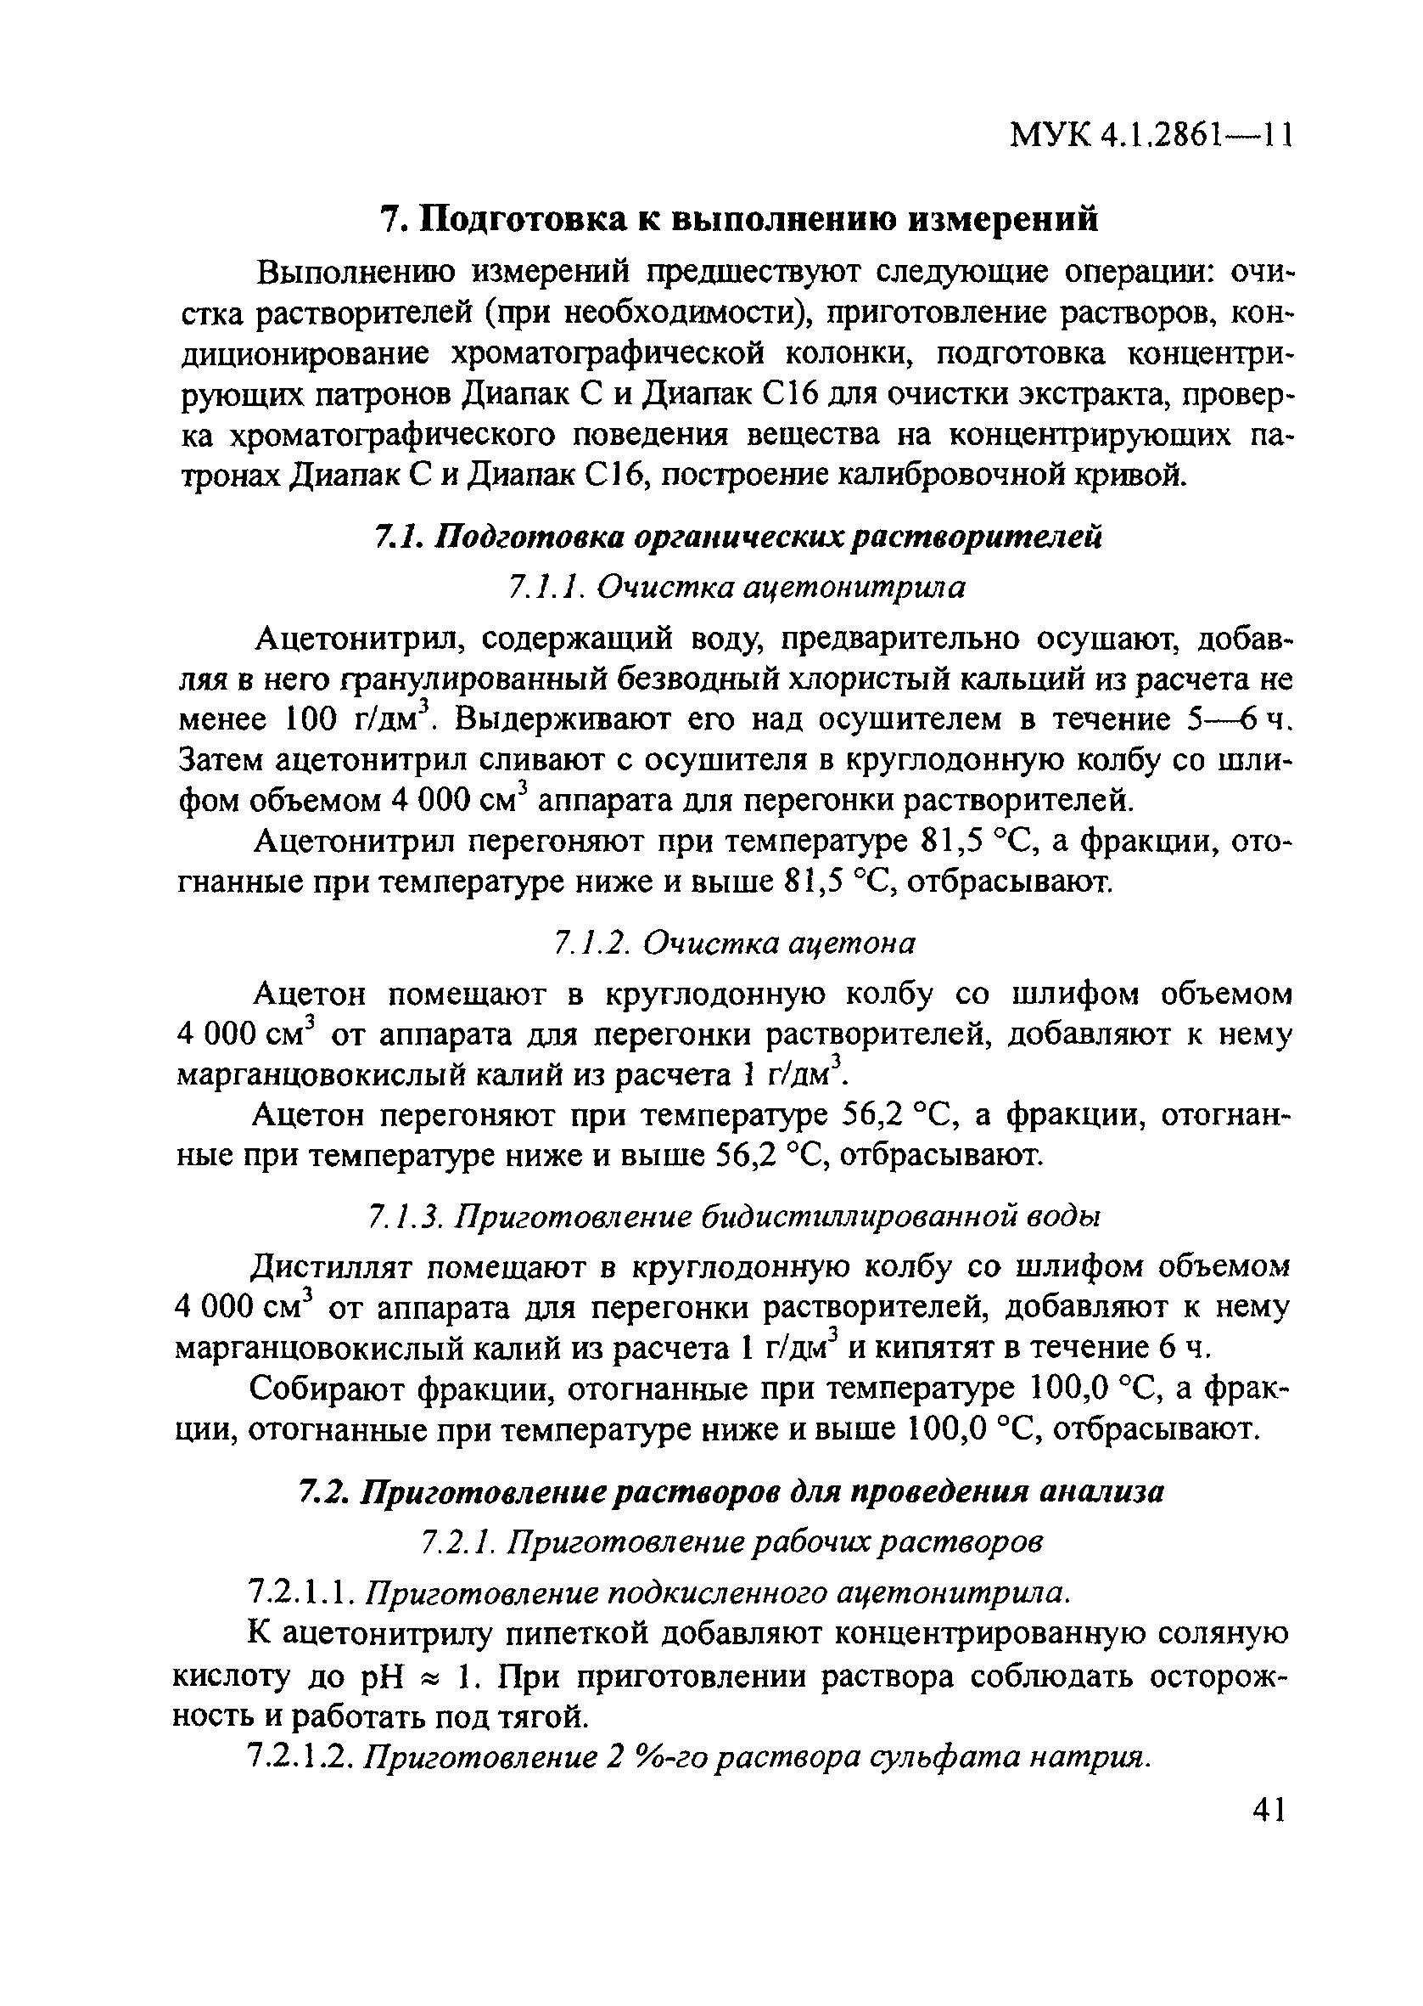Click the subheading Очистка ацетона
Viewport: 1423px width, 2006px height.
pos(779,944)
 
